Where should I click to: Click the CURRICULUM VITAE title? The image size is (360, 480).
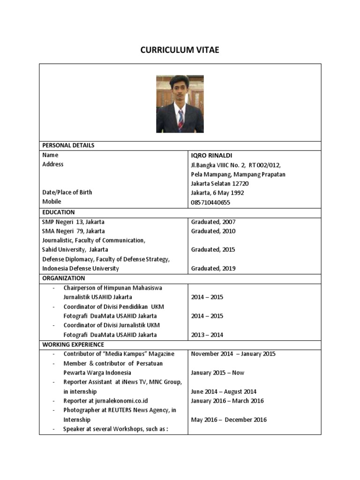[180, 50]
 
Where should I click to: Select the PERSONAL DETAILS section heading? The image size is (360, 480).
[68, 145]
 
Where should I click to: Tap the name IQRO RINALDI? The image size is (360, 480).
[211, 155]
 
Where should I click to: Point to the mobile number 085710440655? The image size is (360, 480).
[210, 202]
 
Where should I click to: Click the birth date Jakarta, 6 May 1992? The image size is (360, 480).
[217, 193]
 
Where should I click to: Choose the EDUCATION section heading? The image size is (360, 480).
[59, 212]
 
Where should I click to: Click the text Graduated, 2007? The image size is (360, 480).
[213, 222]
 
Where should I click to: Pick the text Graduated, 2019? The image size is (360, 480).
[213, 269]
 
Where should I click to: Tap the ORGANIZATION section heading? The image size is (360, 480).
[64, 278]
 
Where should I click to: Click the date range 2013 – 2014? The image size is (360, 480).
[207, 335]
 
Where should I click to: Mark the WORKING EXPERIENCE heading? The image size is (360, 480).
[73, 345]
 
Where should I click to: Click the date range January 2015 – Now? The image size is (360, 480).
[217, 373]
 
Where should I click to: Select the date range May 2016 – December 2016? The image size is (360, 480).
[229, 420]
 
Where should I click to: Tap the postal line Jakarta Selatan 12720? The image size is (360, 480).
[220, 183]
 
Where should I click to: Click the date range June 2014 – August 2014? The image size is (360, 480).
[224, 391]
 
